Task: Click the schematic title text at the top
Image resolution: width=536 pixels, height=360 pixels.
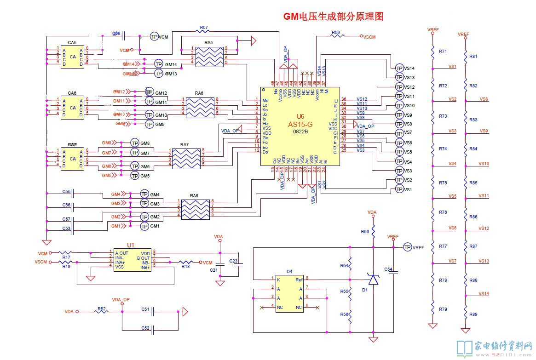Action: coord(333,17)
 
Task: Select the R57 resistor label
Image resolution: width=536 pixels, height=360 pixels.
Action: coord(204,28)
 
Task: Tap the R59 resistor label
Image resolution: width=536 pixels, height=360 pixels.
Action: coord(335,33)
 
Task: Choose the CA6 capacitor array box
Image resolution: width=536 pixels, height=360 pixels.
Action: coord(72,108)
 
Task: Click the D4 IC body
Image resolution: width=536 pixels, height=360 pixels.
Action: coord(289,294)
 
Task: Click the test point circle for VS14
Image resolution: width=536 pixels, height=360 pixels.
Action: coord(398,69)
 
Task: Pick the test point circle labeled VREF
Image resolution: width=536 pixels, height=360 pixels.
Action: coord(407,247)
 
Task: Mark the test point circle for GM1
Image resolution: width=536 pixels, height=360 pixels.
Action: coord(144,226)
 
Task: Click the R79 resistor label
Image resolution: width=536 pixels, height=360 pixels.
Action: coord(443,309)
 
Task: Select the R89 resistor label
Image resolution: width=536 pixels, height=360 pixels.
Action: coord(473,314)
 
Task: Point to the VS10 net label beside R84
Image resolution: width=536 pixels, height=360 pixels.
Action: coord(484,164)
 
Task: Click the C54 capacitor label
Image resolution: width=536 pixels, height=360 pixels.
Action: coord(388,269)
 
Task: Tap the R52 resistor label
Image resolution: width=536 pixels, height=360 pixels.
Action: coord(102,309)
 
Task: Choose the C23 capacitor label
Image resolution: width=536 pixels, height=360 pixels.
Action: coord(234,262)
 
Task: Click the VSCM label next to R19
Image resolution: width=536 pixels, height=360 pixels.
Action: coord(41,262)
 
